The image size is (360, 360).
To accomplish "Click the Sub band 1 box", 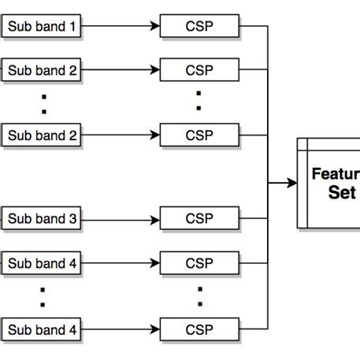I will [x=42, y=28].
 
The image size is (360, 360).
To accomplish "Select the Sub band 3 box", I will [x=42, y=218].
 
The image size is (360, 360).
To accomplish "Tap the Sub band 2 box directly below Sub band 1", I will [x=42, y=70].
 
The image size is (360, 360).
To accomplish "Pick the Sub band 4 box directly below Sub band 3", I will [x=42, y=263].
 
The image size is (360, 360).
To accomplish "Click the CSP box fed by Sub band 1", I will [x=199, y=28].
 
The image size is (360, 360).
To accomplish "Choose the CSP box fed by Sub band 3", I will [x=199, y=218].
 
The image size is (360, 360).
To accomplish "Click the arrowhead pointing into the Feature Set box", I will [x=292, y=183].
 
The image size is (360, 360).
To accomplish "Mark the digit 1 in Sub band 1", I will [x=72, y=28].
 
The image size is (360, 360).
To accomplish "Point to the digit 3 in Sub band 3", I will [x=72, y=218].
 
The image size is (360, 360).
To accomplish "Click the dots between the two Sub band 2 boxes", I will [x=43, y=102].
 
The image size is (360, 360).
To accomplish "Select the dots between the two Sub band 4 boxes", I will [x=43, y=296].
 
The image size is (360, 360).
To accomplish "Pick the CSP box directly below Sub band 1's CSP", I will [x=199, y=70].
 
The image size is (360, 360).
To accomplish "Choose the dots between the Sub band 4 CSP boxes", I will [x=199, y=296].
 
